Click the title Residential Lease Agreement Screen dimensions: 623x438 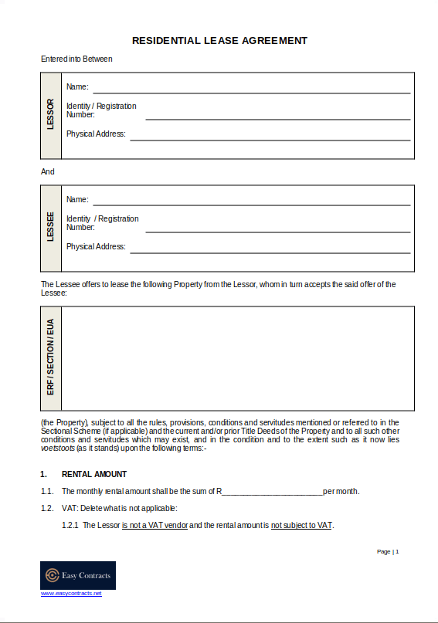(x=219, y=40)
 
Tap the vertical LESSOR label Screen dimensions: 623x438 (x=50, y=114)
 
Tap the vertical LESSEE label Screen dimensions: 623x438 (x=50, y=227)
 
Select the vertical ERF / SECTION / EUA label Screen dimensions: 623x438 (x=50, y=357)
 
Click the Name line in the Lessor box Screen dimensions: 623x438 (x=251, y=92)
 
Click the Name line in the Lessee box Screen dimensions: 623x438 (x=251, y=205)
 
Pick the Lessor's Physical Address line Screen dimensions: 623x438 (x=270, y=140)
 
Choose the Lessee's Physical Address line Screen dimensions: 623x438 (x=270, y=252)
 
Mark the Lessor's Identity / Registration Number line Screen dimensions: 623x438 (x=277, y=120)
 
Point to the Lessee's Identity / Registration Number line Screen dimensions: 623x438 (x=277, y=232)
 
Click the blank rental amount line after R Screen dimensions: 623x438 (x=273, y=493)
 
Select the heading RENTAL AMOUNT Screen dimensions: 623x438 (x=94, y=474)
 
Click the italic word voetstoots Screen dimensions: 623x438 (x=57, y=449)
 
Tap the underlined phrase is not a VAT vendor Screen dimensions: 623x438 (x=154, y=525)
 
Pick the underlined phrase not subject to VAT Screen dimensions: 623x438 (x=301, y=525)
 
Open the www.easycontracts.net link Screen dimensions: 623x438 (x=71, y=593)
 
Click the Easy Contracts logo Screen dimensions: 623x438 (x=77, y=575)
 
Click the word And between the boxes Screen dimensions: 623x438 (x=48, y=171)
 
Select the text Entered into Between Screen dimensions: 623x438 (x=76, y=59)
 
